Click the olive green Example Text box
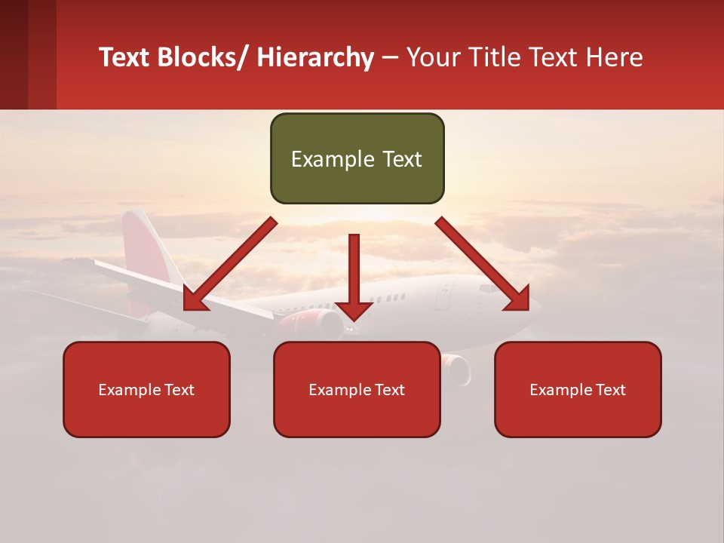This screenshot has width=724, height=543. click(357, 158)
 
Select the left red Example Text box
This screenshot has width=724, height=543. click(146, 389)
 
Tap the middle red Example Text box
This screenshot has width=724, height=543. click(357, 389)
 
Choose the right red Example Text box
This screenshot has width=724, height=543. click(578, 389)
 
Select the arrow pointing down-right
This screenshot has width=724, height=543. click(483, 265)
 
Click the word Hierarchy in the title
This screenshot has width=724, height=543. click(315, 57)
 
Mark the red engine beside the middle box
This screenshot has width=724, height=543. click(456, 367)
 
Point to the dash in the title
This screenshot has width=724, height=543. click(390, 57)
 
